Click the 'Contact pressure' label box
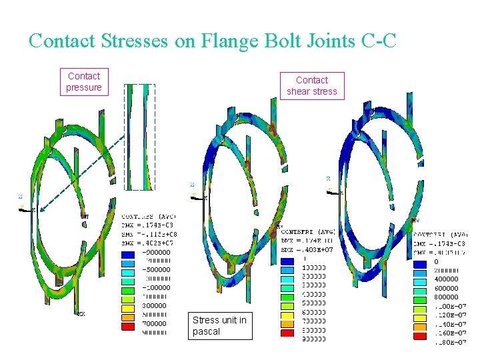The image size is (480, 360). (84, 82)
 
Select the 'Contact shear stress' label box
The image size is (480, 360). (312, 86)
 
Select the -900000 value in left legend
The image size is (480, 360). (156, 252)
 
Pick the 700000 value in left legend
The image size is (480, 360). (155, 323)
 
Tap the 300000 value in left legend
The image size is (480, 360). (155, 305)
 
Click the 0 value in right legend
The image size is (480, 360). (436, 262)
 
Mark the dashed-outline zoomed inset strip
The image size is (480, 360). (140, 137)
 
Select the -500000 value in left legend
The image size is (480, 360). (156, 270)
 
